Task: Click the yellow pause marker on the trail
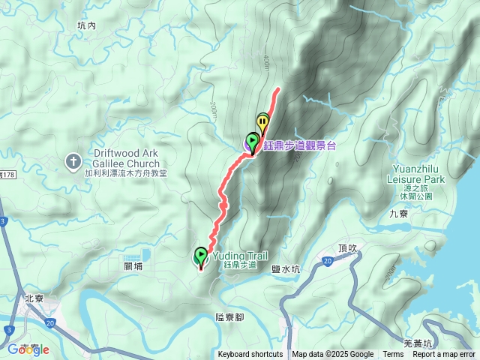[x=262, y=121]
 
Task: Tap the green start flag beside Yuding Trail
[x=201, y=256]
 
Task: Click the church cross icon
[x=73, y=160]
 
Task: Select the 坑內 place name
[x=87, y=25]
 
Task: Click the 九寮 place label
[x=399, y=213]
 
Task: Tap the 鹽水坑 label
[x=285, y=268]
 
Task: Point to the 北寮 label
[x=34, y=298]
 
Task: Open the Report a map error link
[x=444, y=355]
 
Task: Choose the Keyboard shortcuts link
[x=250, y=355]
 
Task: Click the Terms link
[x=393, y=355]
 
